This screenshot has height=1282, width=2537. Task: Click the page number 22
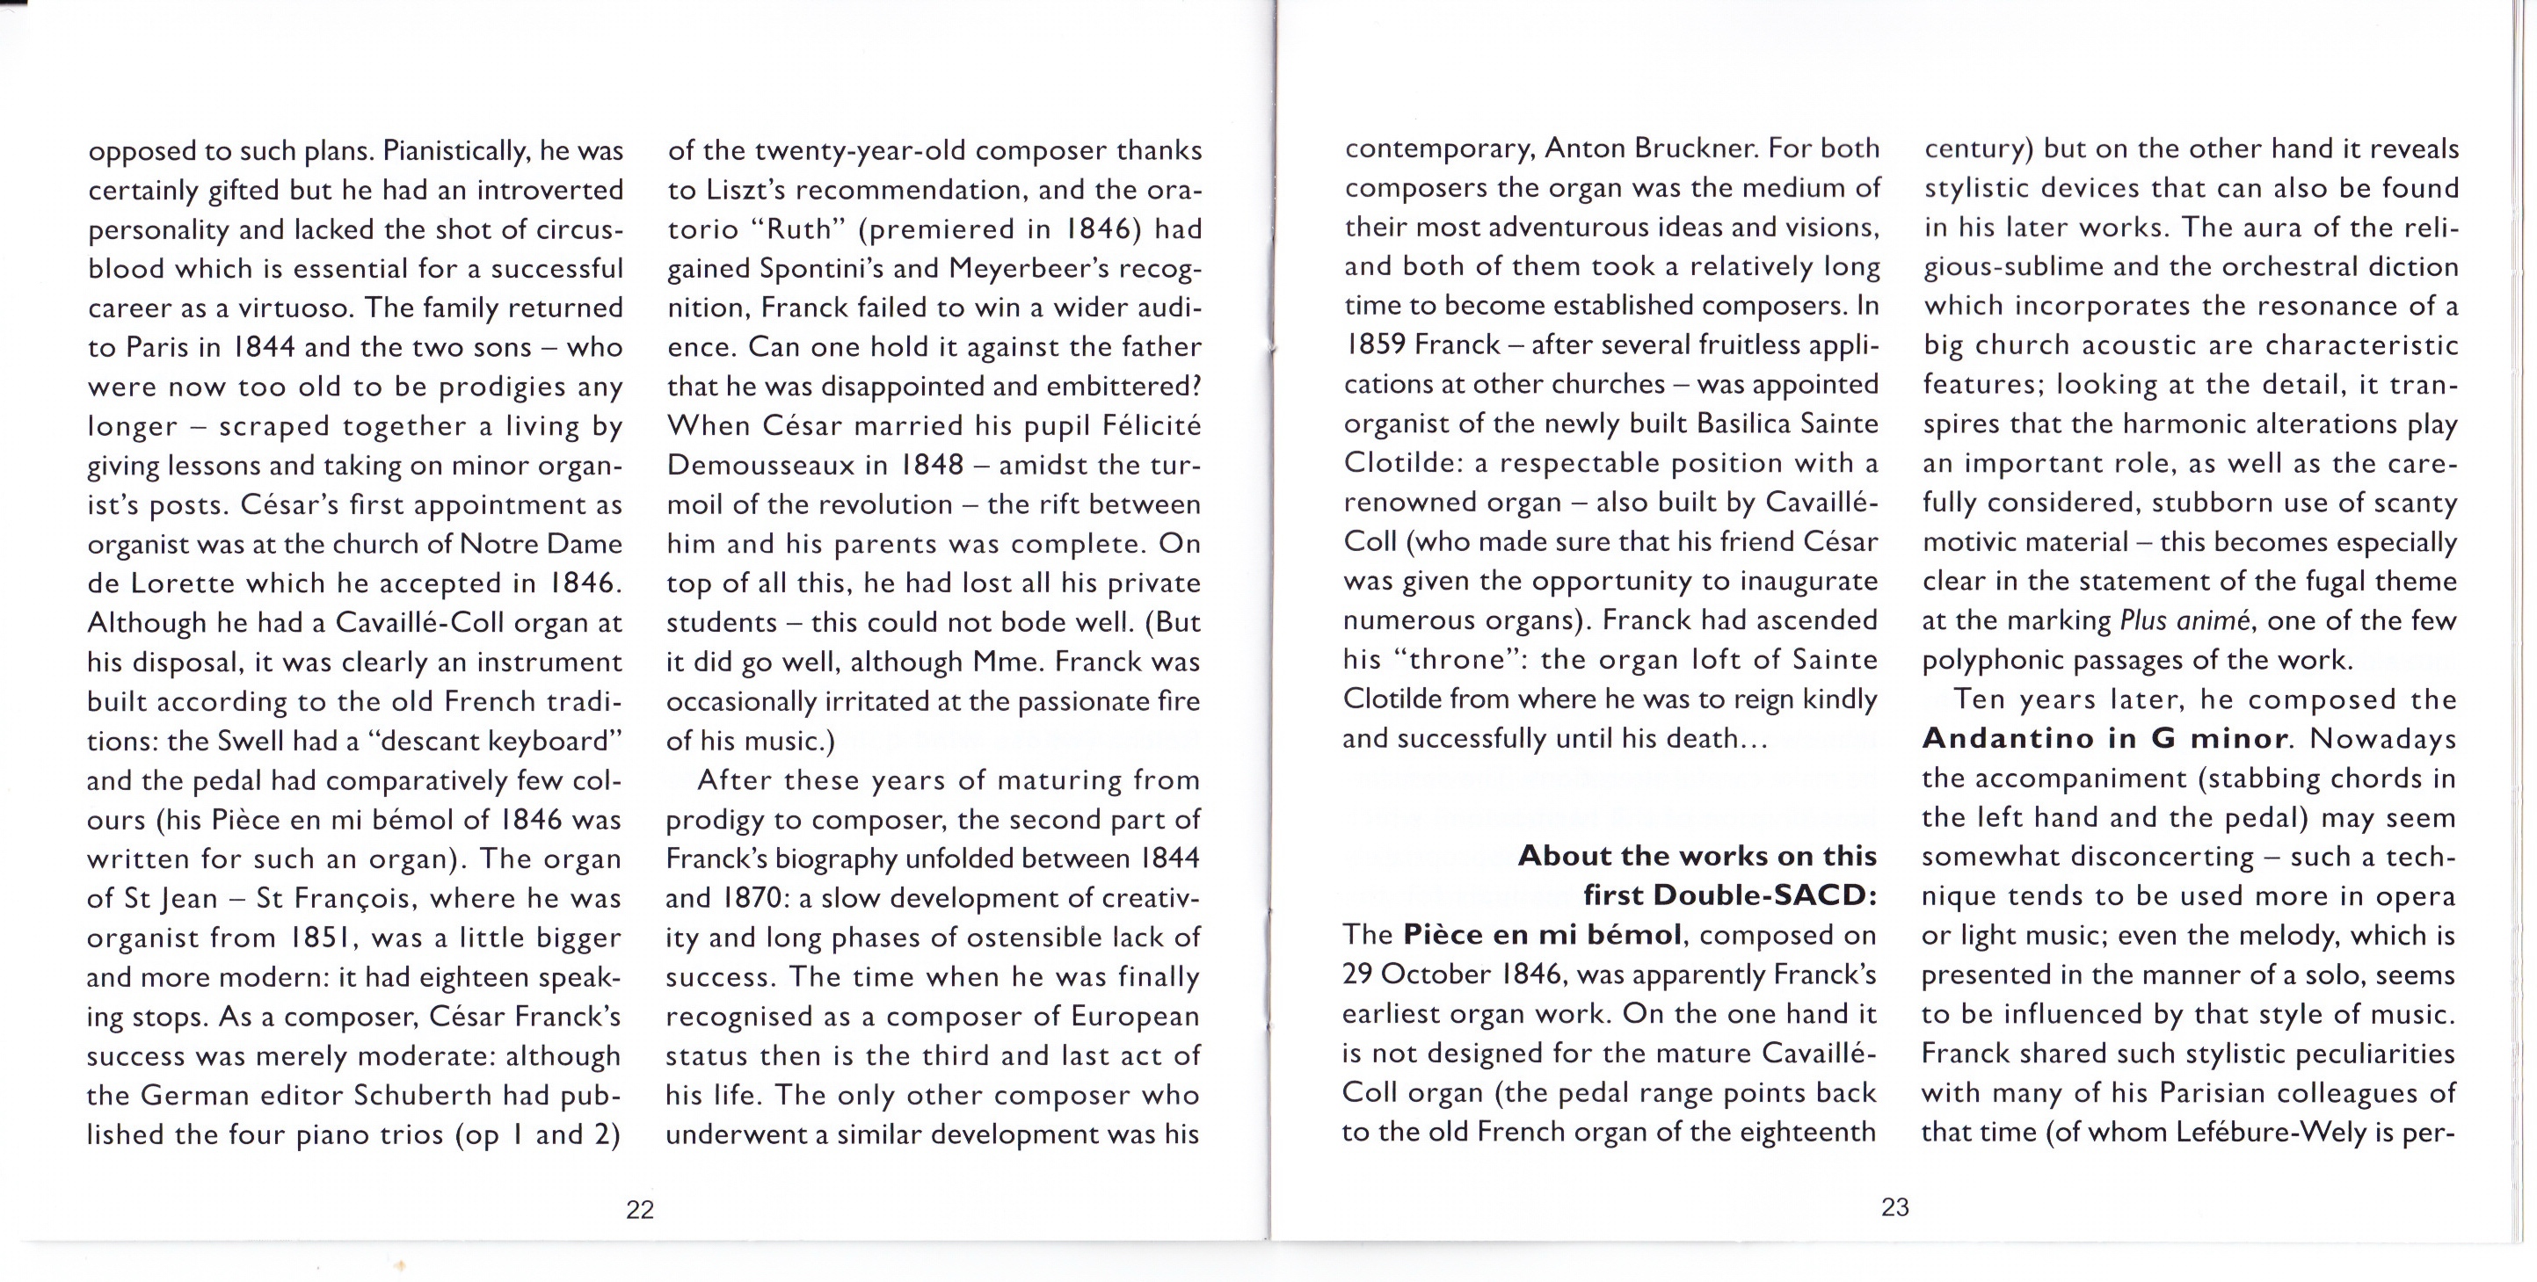639,1210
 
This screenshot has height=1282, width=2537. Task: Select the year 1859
1375,344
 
